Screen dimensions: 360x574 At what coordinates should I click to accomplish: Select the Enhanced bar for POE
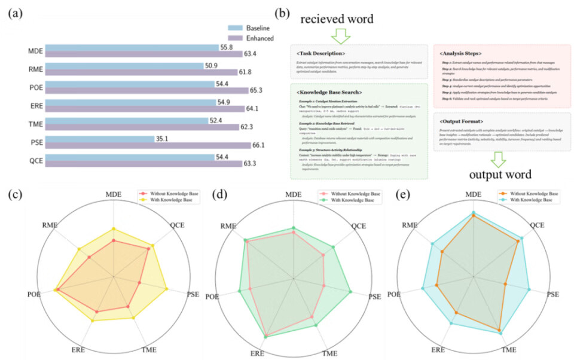pos(147,91)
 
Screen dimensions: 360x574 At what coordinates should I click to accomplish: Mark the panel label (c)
pos(14,194)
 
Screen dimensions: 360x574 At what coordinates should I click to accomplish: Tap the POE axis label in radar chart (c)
pos(34,294)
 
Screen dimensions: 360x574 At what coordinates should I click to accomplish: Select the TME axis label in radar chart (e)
pos(509,349)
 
